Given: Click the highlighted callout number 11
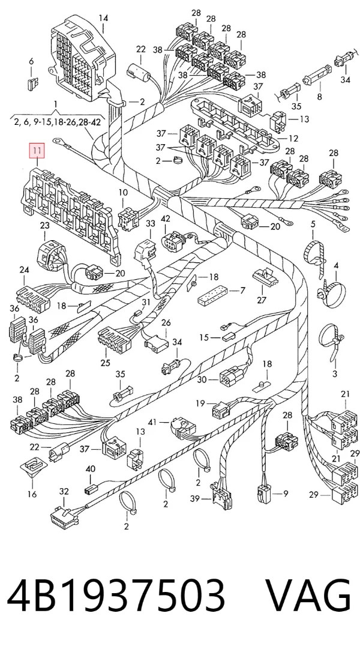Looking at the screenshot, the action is coord(38,151).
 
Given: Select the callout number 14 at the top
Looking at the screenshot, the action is coord(103,18).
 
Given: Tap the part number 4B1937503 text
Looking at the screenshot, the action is coord(116,595).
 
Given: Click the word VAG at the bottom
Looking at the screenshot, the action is coord(307,595).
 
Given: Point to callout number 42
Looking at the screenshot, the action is coord(166,218).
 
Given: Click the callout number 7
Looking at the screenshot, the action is coord(242,291).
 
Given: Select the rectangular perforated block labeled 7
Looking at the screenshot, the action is coord(214,295).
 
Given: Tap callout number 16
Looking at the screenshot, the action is coord(32,494).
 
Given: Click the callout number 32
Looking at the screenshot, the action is coord(64,491).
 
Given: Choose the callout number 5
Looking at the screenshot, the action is coord(313,225).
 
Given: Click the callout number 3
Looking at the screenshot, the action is coord(335,373).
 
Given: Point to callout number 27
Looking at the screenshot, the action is coord(262,300).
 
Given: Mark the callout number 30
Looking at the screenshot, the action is coord(202,379).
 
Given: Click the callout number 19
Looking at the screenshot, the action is coord(200,403).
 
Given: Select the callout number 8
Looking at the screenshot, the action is coord(319,97).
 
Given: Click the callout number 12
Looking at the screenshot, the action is coord(293,138).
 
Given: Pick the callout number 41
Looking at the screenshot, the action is coord(152,422).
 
